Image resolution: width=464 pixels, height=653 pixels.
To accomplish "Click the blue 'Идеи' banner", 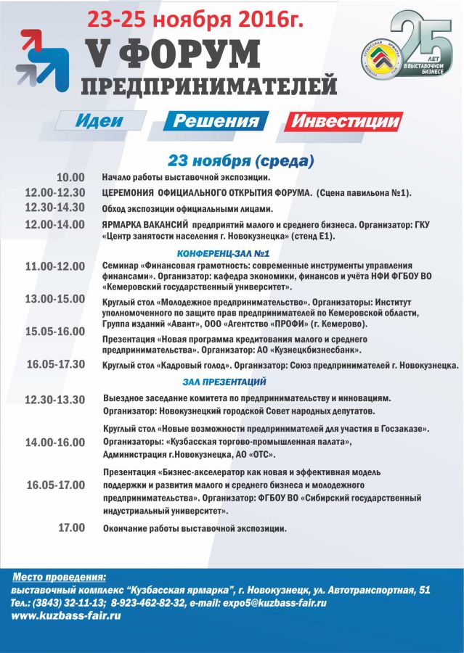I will click(x=100, y=121).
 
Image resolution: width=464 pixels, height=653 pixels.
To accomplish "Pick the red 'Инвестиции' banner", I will click(x=343, y=121).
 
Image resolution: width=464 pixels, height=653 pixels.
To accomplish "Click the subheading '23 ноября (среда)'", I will click(x=240, y=160).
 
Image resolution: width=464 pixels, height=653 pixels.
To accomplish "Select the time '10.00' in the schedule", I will click(x=71, y=178).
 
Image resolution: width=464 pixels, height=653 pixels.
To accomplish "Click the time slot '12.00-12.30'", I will click(x=54, y=192).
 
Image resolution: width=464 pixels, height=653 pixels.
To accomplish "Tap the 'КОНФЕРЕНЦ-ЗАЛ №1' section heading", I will click(x=224, y=253).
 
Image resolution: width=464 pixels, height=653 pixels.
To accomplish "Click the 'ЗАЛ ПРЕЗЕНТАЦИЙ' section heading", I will click(x=224, y=382).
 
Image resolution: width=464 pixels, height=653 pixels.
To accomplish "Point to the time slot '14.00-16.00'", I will click(x=54, y=442).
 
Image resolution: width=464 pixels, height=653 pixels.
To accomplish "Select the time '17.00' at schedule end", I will click(x=71, y=528).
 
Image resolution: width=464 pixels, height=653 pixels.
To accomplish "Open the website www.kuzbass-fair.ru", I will click(x=66, y=616).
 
